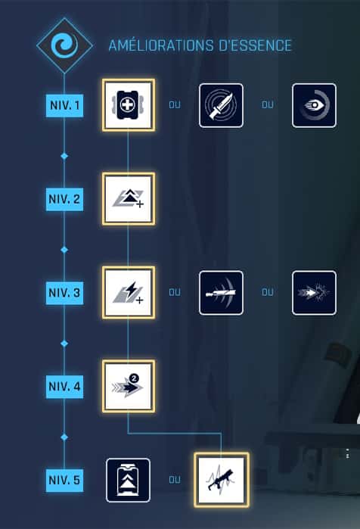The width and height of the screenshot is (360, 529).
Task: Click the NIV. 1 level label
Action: [x=64, y=106]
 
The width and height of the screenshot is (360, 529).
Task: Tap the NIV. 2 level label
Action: [x=64, y=199]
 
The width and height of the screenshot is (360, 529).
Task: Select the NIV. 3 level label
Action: [x=64, y=293]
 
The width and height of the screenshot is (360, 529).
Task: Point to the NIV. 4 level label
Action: [x=64, y=387]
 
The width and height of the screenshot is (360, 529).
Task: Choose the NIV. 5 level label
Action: [x=64, y=480]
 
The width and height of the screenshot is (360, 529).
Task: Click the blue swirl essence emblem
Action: [x=64, y=45]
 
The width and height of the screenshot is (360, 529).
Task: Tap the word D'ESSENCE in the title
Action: [x=255, y=45]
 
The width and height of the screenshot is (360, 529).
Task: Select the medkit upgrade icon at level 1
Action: [x=129, y=105]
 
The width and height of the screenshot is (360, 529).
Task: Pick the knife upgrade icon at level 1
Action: [x=221, y=106]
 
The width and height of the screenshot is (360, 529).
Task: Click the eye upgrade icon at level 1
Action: [x=314, y=106]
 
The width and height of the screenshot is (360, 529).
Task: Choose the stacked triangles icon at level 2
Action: [x=129, y=199]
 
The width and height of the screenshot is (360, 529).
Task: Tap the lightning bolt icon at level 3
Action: [x=129, y=293]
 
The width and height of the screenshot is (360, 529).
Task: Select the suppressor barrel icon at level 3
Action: [x=221, y=293]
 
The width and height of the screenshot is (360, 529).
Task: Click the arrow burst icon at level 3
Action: [x=314, y=293]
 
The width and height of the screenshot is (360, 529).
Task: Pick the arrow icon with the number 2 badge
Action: [x=129, y=386]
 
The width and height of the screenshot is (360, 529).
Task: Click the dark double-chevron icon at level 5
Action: [x=128, y=480]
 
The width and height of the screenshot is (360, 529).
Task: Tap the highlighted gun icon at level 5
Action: [x=222, y=480]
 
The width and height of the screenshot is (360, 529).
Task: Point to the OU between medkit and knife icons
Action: [x=175, y=105]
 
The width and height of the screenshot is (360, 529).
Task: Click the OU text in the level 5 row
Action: [x=175, y=480]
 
